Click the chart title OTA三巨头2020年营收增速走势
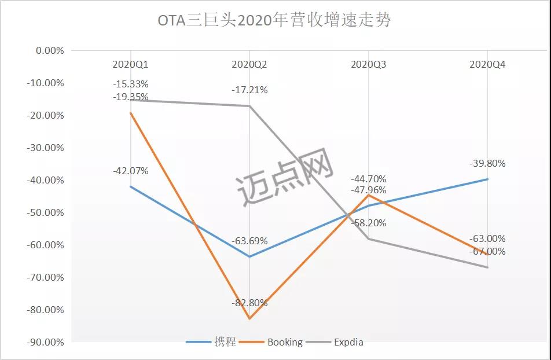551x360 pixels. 274,21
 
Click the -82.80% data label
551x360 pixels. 249,303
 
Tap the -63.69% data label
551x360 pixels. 249,241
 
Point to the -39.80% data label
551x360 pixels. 487,164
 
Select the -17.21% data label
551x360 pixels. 249,90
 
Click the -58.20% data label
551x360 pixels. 369,223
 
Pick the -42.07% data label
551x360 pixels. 130,171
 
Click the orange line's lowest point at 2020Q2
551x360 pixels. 249,318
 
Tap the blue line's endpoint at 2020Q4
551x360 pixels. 488,179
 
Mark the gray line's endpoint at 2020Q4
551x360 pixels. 488,267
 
